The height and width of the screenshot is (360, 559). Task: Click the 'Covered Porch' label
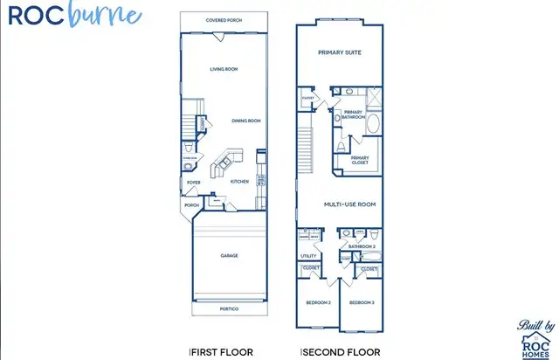223,20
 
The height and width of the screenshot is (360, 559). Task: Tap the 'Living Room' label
224,68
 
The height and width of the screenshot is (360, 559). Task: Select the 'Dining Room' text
246,121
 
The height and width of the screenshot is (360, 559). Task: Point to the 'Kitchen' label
239,182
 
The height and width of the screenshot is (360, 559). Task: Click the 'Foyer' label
193,183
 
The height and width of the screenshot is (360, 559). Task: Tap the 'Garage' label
229,256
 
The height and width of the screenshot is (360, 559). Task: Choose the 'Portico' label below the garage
229,308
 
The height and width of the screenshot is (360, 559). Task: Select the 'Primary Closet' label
360,160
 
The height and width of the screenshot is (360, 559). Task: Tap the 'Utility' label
309,256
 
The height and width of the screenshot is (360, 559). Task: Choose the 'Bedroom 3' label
361,302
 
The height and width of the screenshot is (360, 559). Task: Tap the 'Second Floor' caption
342,351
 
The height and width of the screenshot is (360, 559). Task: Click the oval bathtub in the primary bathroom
374,123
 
